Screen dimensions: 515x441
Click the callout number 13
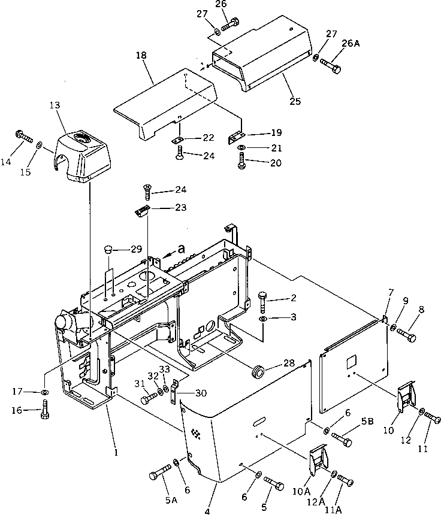(55, 105)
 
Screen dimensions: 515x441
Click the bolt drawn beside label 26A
(330, 65)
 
